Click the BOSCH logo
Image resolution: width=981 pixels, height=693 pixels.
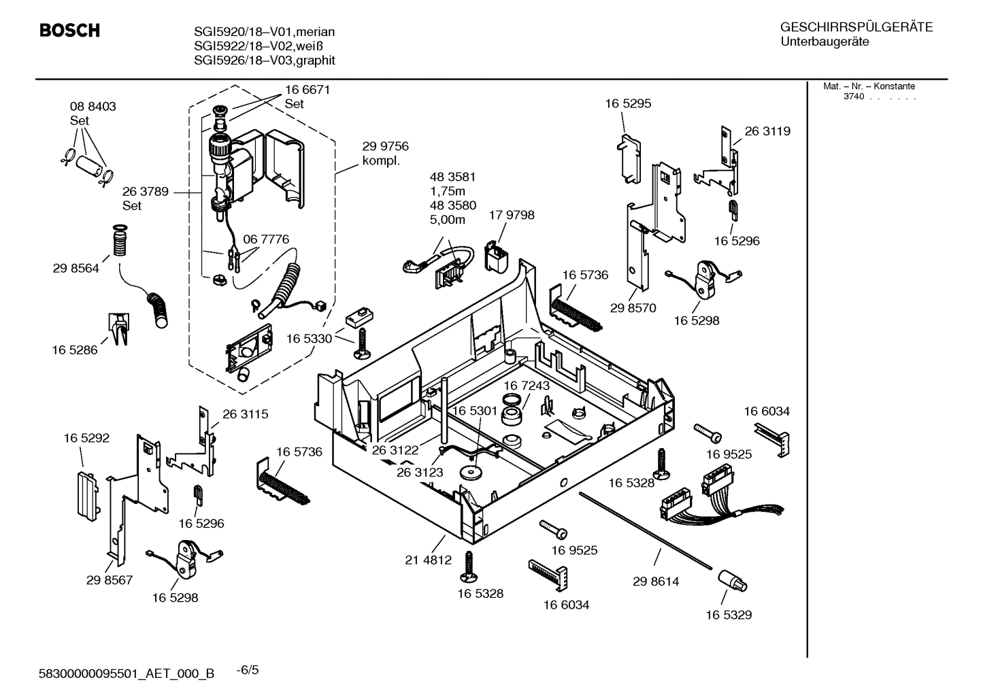[69, 31]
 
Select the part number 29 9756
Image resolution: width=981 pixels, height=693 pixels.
[385, 146]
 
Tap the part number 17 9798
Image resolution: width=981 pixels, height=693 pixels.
[512, 215]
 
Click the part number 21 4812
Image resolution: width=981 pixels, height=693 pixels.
[428, 560]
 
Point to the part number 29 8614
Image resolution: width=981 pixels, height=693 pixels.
[655, 581]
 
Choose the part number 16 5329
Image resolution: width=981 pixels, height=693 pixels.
[728, 615]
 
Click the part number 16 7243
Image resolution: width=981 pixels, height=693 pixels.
[527, 386]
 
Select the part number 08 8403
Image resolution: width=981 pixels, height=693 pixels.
[93, 106]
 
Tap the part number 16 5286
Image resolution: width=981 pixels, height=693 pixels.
[74, 350]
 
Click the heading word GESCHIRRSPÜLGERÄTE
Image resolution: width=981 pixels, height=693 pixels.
[856, 27]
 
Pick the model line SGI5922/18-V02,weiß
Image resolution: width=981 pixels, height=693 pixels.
[258, 46]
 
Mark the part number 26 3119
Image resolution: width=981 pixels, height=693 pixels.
[767, 131]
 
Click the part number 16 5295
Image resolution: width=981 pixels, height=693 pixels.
[628, 103]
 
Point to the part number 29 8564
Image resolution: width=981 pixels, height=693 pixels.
[76, 268]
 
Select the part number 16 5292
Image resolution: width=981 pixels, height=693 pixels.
[86, 439]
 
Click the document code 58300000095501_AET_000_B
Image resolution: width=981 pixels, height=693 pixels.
[127, 673]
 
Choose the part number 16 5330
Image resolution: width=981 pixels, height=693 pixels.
[309, 338]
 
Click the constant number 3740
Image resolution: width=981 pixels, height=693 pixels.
[853, 97]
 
